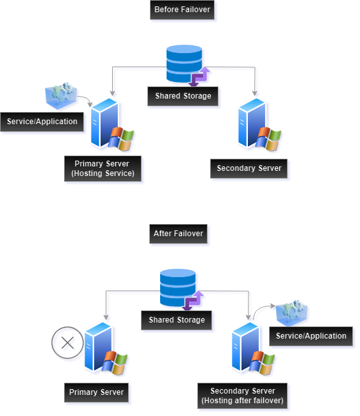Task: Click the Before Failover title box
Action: click(x=182, y=10)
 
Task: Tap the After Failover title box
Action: click(x=178, y=234)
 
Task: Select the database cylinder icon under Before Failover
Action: click(x=184, y=64)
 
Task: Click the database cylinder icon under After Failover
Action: click(x=177, y=287)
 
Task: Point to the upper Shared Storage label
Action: click(x=183, y=97)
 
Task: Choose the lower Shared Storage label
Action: click(x=177, y=320)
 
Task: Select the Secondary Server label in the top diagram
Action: click(x=249, y=169)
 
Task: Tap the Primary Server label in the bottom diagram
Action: click(x=97, y=392)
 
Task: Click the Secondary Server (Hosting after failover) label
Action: click(x=242, y=396)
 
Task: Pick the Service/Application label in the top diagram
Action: click(x=42, y=122)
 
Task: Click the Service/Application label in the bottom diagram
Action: click(x=311, y=336)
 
